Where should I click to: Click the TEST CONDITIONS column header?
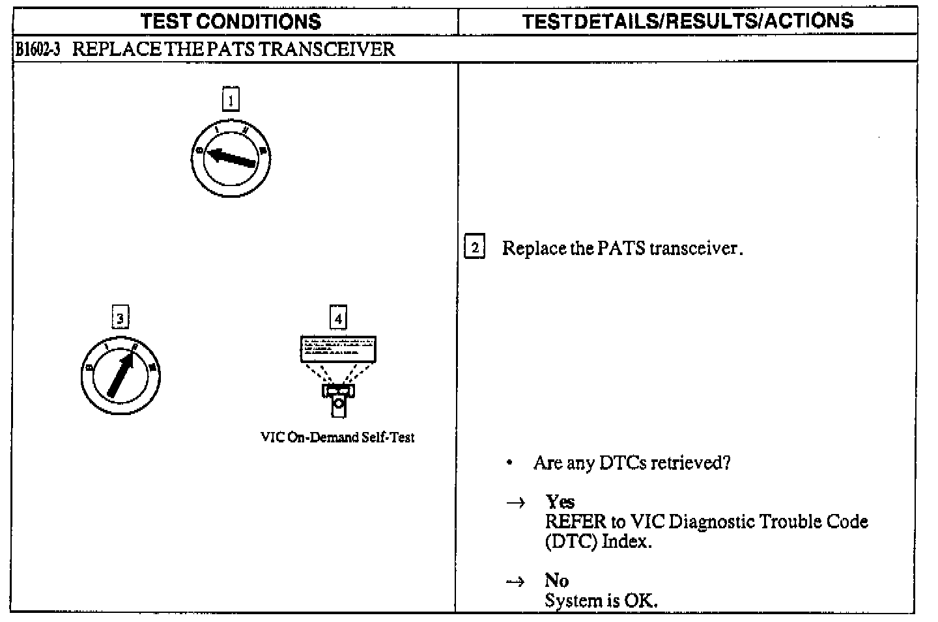click(231, 21)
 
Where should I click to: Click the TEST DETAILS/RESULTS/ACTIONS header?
click(687, 21)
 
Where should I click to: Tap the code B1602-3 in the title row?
click(37, 49)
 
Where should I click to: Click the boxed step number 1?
click(231, 100)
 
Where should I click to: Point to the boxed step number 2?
click(475, 248)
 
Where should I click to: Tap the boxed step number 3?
click(120, 318)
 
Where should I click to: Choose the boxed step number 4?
click(337, 318)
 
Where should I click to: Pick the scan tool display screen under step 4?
click(337, 349)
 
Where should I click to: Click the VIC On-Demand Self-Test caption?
click(337, 437)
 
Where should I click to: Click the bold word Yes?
click(560, 502)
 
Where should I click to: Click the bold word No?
click(557, 580)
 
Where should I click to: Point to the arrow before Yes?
click(516, 503)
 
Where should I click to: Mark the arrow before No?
click(516, 582)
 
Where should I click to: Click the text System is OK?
click(601, 601)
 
